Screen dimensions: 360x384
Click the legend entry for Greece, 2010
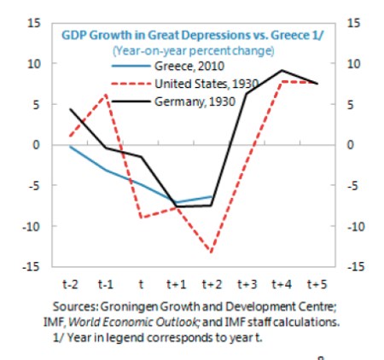click(189, 65)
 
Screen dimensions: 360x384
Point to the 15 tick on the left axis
click(34, 23)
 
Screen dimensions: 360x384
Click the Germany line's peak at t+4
click(282, 71)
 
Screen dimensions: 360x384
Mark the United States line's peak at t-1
click(106, 95)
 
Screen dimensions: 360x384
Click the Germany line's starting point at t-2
click(70, 109)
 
